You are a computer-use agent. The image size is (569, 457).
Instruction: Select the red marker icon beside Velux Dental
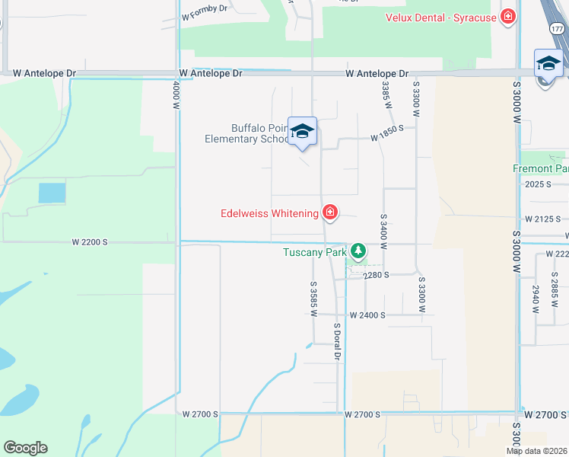pos(508,17)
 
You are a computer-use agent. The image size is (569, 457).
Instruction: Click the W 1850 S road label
pos(392,139)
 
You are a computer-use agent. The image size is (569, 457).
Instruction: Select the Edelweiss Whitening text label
pos(269,213)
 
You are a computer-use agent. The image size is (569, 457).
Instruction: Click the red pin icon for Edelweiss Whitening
pos(330,213)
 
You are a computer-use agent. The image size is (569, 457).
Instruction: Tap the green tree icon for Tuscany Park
pos(358,250)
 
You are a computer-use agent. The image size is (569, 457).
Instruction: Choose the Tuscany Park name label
pos(315,252)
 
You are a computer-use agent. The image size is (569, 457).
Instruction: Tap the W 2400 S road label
pos(367,315)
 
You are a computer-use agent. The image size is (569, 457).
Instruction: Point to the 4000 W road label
pos(176,96)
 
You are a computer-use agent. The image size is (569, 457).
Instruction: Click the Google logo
pos(25,448)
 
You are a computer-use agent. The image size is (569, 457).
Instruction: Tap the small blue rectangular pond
pos(52,193)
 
